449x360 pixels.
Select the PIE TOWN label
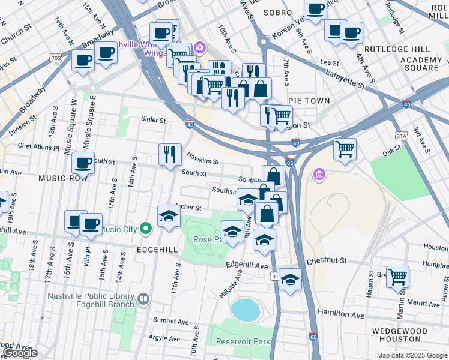[x=309, y=101]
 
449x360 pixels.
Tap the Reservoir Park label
[x=240, y=342]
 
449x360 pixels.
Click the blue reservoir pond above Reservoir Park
[x=244, y=310]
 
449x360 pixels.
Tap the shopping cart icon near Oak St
[x=345, y=149]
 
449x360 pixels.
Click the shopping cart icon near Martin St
[x=397, y=277]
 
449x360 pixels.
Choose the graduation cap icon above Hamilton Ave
[x=290, y=280]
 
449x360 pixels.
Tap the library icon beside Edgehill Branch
[x=143, y=299]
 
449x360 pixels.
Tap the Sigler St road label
[x=154, y=120]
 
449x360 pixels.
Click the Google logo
[x=20, y=353]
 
